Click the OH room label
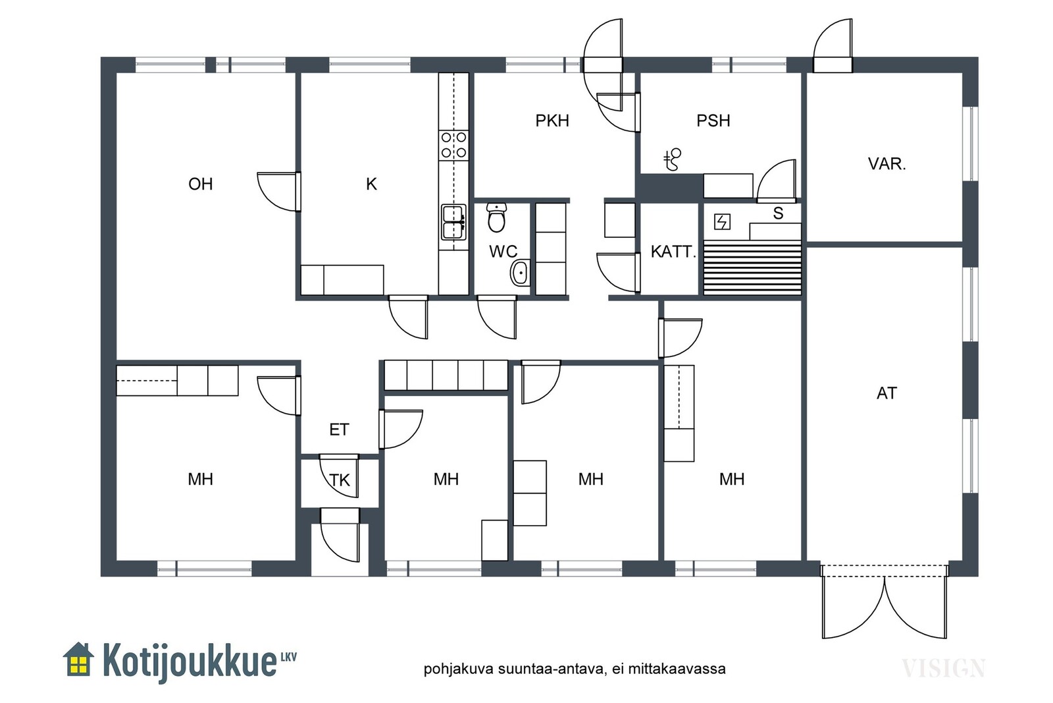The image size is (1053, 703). click(201, 184)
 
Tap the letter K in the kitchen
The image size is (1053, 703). click(371, 184)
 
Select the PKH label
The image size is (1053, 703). click(552, 121)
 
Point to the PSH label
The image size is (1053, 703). click(713, 121)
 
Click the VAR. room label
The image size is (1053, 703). click(886, 164)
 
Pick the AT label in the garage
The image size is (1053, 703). click(886, 393)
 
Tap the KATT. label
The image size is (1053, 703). click(673, 252)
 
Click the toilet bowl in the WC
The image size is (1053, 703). click(496, 218)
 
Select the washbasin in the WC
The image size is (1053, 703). click(521, 273)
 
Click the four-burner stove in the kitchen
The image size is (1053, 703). click(453, 145)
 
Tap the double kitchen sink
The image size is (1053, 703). click(453, 222)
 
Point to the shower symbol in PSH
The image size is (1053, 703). click(673, 159)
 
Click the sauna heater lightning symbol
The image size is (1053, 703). click(722, 221)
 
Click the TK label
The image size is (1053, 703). click(340, 480)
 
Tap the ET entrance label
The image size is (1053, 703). click(339, 430)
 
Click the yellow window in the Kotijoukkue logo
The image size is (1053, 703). click(78, 664)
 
